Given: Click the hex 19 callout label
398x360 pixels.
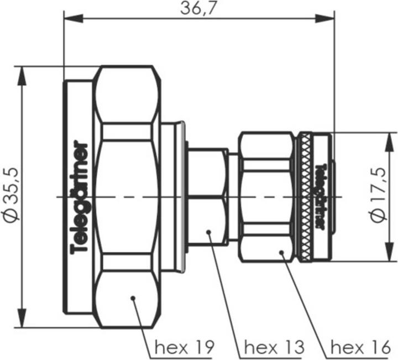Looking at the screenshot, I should [184, 347].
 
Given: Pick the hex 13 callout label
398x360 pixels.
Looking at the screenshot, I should [274, 347].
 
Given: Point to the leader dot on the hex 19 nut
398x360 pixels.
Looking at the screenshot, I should [133, 299].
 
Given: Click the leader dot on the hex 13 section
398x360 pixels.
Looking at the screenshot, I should [210, 233].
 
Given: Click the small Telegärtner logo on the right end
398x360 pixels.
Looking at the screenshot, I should [318, 196].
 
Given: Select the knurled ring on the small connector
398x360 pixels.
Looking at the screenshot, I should [304, 196].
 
